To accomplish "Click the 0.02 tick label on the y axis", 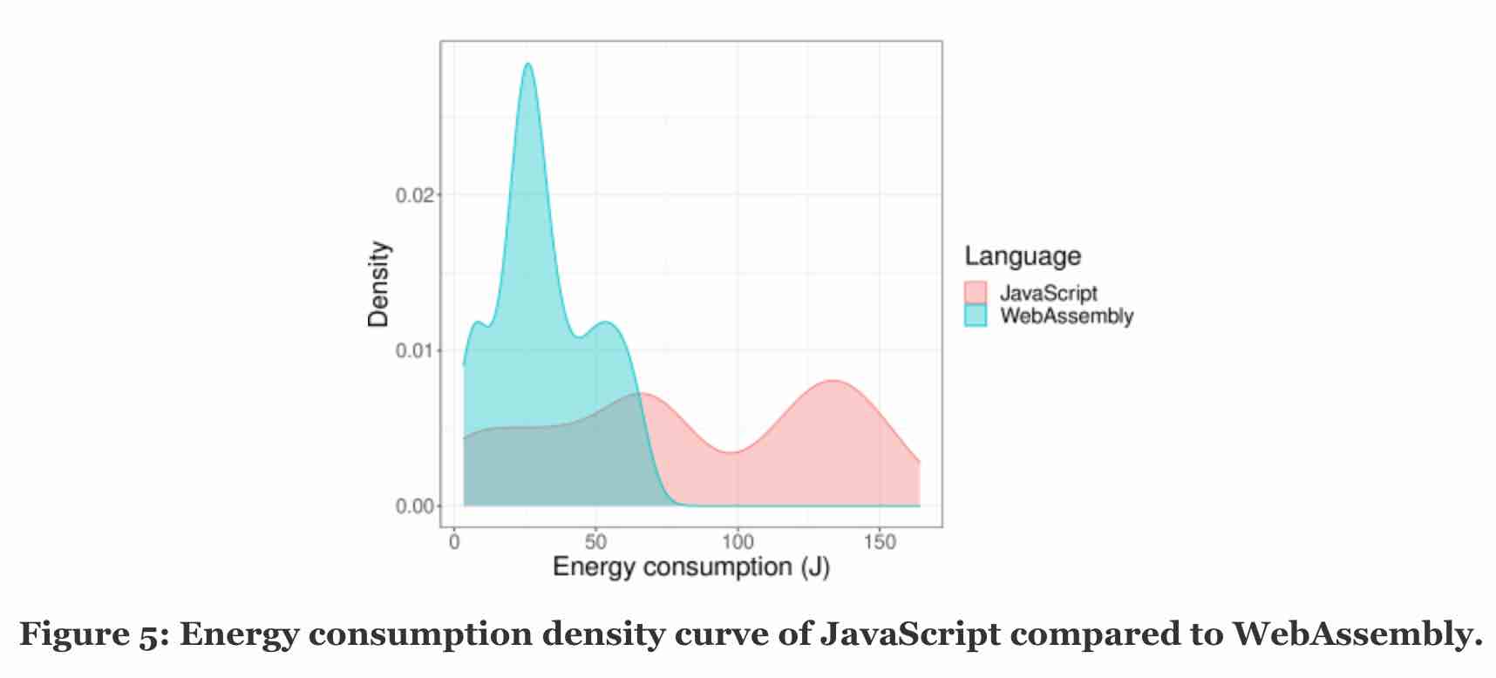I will coord(414,194).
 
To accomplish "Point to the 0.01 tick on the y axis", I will coord(414,350).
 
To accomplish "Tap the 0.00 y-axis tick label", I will coord(414,506).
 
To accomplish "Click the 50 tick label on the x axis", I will coord(596,542).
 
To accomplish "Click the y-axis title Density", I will coord(378,284).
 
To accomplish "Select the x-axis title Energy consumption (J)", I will coord(691,568).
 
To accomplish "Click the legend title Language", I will coord(1023,256).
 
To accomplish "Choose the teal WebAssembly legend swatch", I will coord(976,315).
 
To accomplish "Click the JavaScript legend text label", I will coord(1048,293).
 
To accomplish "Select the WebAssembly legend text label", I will coord(1066,315).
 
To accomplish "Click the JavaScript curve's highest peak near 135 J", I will coord(833,381).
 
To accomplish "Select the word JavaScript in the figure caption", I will coord(909,634).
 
